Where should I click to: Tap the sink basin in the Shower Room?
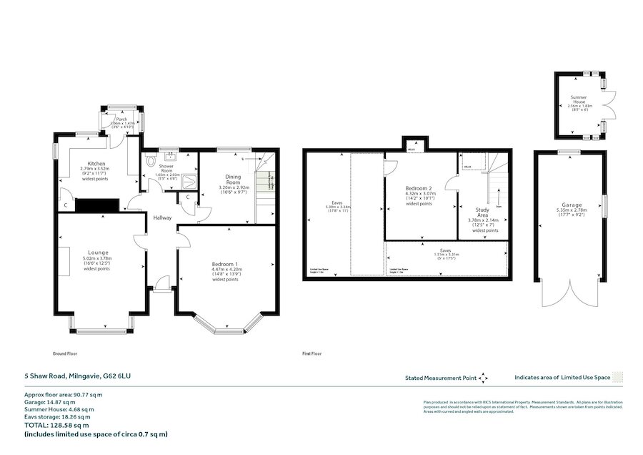click(x=171, y=154)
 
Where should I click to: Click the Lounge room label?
click(x=98, y=253)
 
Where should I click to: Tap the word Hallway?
click(x=161, y=217)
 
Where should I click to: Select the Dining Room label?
click(x=233, y=180)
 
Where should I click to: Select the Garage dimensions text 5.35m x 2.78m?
click(x=570, y=211)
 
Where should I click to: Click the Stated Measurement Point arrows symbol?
click(x=483, y=377)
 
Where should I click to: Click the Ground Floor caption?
click(x=65, y=353)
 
